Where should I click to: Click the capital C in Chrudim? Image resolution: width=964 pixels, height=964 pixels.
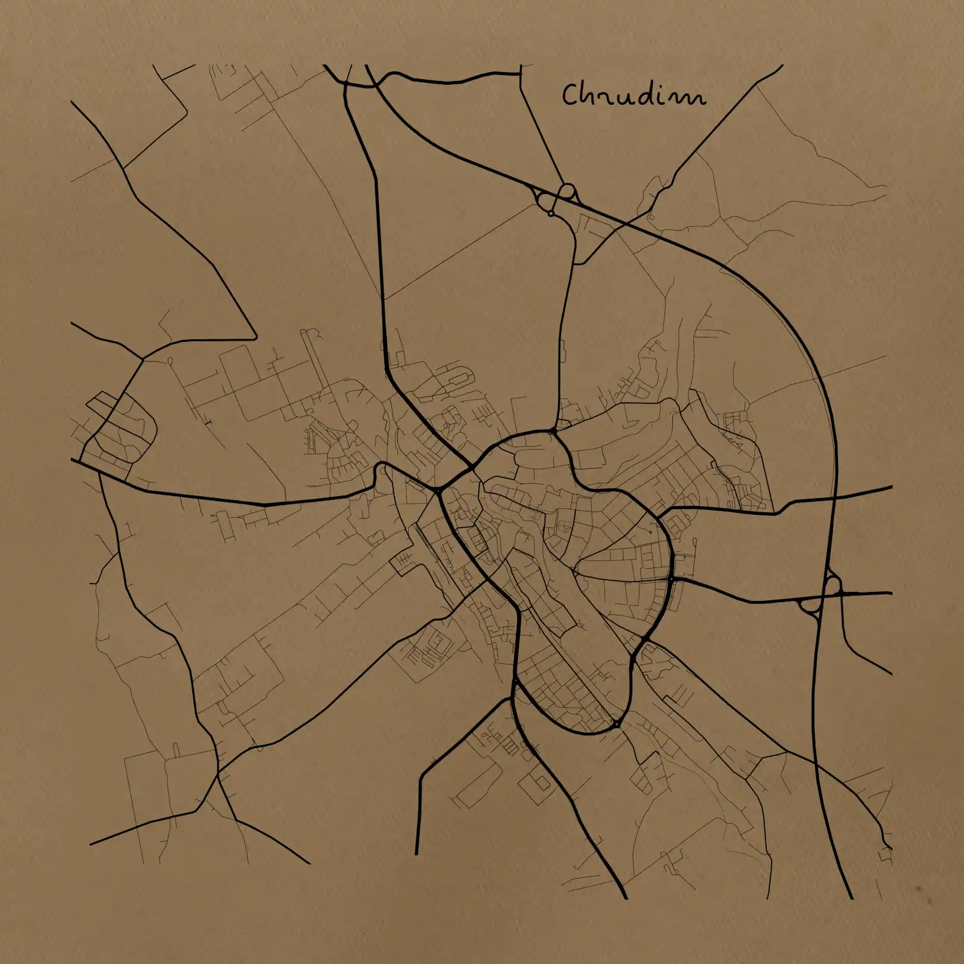tap(571, 94)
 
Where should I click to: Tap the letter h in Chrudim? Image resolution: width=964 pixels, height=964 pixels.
tap(588, 94)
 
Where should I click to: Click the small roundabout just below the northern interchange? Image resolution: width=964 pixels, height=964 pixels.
tap(551, 213)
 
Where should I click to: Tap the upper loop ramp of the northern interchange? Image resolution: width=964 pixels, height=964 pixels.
tap(567, 190)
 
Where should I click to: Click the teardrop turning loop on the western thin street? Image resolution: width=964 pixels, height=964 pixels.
tap(171, 361)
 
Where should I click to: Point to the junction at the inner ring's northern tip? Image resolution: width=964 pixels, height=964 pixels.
tap(553, 431)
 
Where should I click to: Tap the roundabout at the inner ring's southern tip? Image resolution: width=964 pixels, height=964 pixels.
tap(616, 724)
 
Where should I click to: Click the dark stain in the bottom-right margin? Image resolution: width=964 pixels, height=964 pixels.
tap(919, 890)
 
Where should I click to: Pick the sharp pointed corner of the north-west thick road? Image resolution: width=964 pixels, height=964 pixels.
tap(256, 338)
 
